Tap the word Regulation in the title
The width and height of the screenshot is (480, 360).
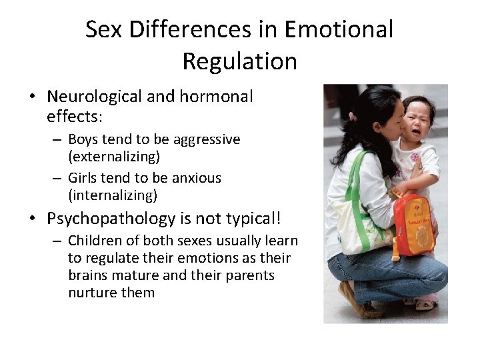click(x=239, y=61)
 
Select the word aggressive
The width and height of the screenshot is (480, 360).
click(x=207, y=139)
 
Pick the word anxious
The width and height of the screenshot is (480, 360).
click(x=197, y=178)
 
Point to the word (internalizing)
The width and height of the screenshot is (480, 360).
click(x=113, y=195)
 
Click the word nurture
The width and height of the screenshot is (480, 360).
click(x=91, y=293)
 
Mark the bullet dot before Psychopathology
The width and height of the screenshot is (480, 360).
click(x=33, y=219)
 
